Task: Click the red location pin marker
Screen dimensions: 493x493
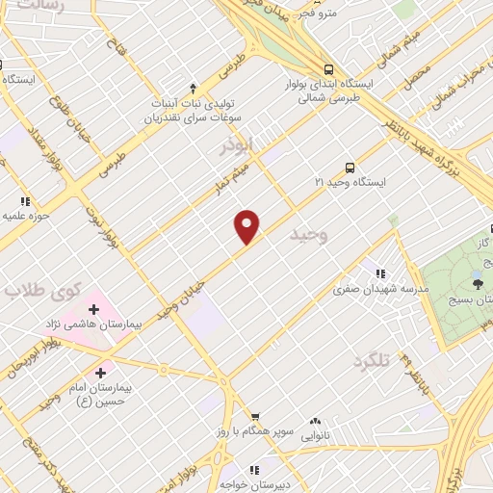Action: click(247, 226)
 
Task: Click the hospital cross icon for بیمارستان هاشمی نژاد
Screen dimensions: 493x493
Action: click(93, 309)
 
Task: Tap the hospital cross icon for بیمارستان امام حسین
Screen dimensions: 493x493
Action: click(100, 371)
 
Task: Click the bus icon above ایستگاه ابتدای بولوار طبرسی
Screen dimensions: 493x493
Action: click(329, 69)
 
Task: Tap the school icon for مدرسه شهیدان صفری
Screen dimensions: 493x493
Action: click(382, 272)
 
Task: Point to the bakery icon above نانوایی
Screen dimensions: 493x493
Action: click(316, 421)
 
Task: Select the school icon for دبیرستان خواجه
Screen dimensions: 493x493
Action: click(254, 470)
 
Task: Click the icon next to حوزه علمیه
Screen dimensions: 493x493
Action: click(25, 201)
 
